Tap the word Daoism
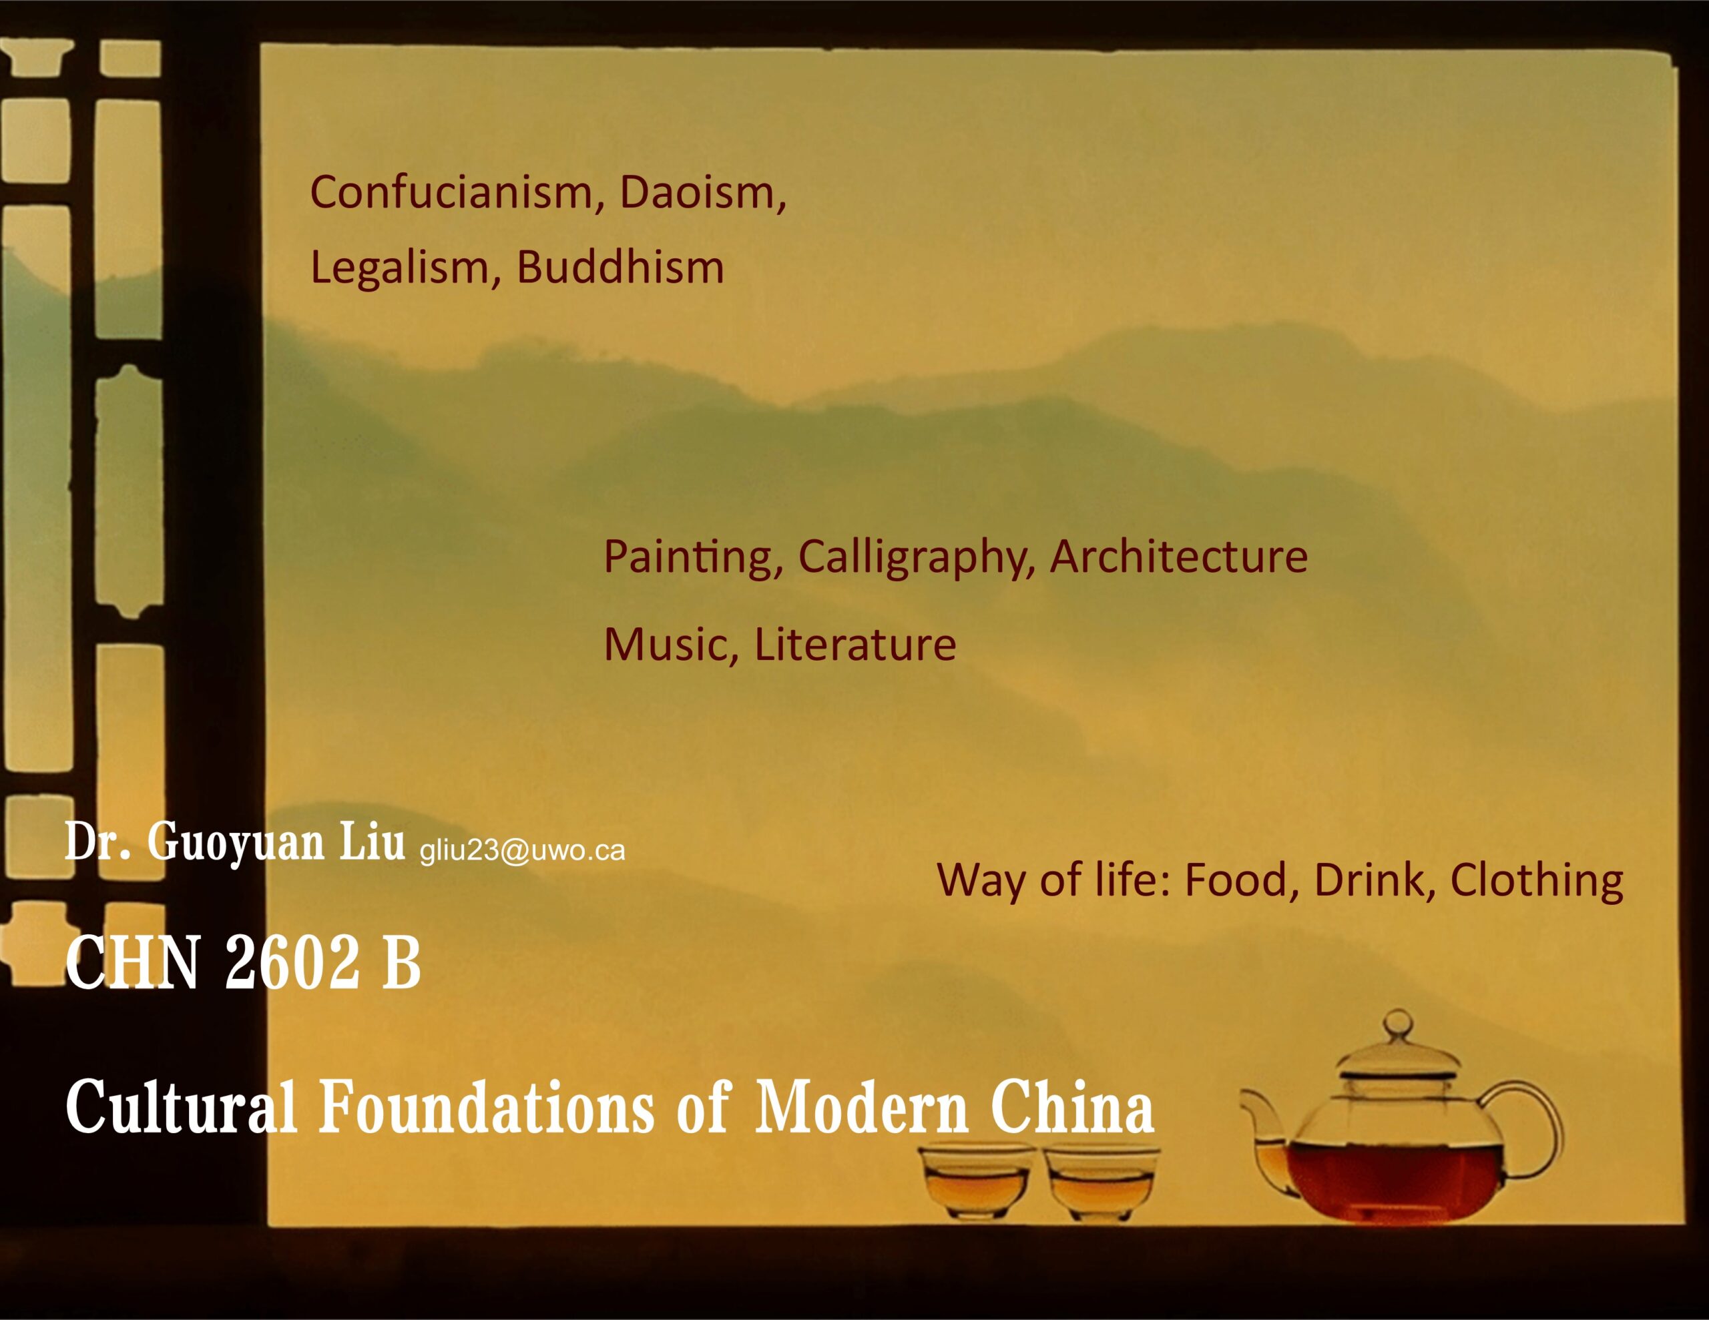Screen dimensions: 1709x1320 click(702, 192)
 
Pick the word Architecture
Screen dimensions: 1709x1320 click(1178, 557)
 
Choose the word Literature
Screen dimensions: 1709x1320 click(854, 645)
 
